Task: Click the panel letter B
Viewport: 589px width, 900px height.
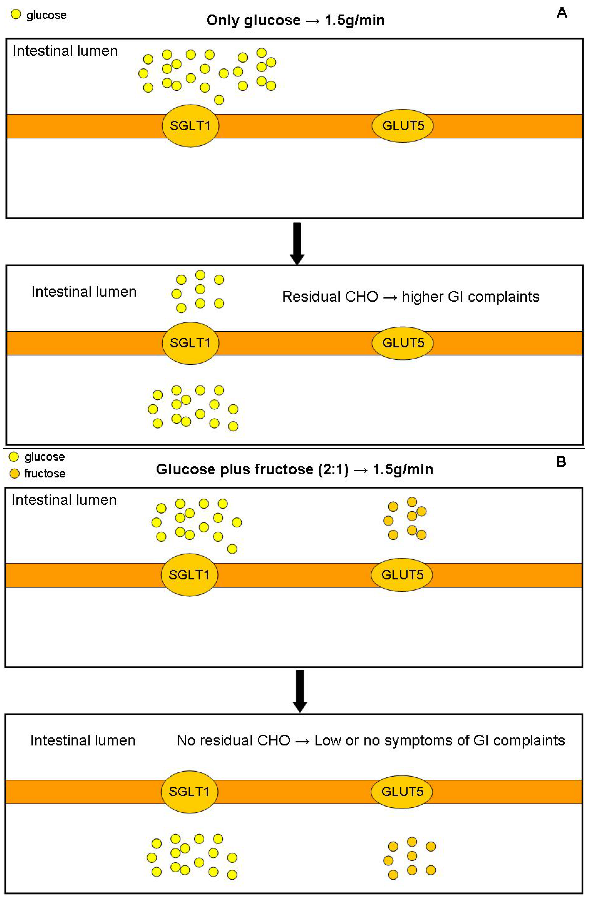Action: tap(561, 462)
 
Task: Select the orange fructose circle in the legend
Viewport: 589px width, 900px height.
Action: tap(14, 473)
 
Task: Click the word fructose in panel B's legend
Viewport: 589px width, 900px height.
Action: tap(45, 473)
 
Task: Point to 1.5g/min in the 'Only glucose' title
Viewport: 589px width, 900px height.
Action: tap(354, 20)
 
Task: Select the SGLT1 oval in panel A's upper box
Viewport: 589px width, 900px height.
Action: tap(190, 126)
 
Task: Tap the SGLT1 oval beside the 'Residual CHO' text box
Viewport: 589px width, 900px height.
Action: tap(190, 343)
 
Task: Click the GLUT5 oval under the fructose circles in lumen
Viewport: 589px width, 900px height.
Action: tap(402, 575)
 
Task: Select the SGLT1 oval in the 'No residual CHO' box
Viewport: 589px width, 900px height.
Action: tap(189, 791)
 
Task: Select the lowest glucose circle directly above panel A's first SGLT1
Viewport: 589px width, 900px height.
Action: tap(219, 100)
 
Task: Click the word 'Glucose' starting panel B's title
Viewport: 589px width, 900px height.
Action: tap(177, 469)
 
